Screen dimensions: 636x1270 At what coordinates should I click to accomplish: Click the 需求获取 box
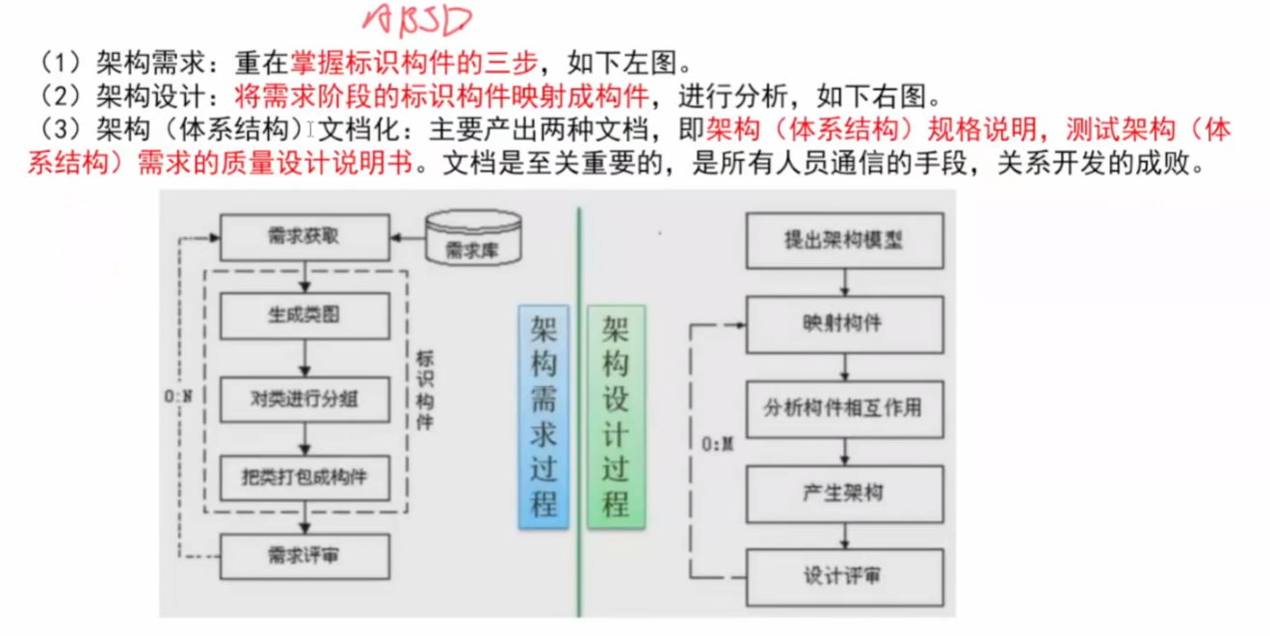304,237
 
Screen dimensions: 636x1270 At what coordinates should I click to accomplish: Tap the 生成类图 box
304,315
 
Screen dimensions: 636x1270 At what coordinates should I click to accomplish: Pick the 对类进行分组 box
304,396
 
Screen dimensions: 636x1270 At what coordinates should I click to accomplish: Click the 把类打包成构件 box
304,476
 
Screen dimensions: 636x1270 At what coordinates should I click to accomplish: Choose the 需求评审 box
304,556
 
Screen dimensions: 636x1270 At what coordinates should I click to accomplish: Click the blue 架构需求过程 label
544,417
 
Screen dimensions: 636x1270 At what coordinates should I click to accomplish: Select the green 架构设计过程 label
616,417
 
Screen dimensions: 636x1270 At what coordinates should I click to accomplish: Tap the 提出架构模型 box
845,239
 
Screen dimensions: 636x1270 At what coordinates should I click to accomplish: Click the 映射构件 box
845,323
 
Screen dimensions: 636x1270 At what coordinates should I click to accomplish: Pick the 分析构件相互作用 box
845,408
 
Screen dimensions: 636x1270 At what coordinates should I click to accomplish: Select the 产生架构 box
845,492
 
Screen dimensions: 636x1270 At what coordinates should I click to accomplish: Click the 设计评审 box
845,577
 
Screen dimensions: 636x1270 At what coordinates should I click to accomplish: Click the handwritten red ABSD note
417,20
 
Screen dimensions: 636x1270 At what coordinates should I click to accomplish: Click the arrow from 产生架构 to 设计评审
846,535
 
